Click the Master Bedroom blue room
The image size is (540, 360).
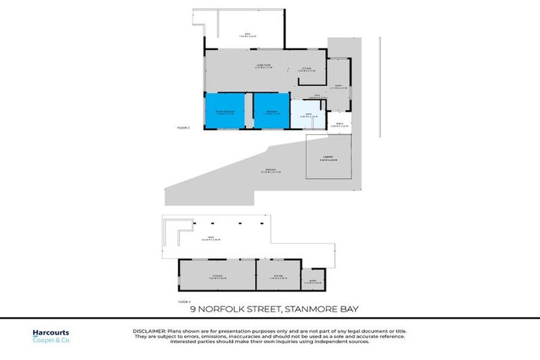225,111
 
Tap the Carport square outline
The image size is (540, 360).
323,158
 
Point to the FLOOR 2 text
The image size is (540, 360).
184,127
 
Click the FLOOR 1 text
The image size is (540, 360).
184,300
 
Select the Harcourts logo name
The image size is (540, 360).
51,333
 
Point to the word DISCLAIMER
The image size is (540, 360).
148,330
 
